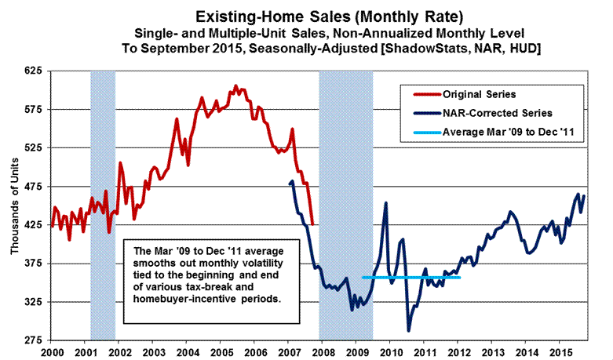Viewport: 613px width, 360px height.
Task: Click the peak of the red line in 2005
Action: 235,85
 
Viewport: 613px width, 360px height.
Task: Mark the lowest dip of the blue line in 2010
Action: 409,330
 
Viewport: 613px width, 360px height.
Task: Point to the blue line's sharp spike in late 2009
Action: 386,203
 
